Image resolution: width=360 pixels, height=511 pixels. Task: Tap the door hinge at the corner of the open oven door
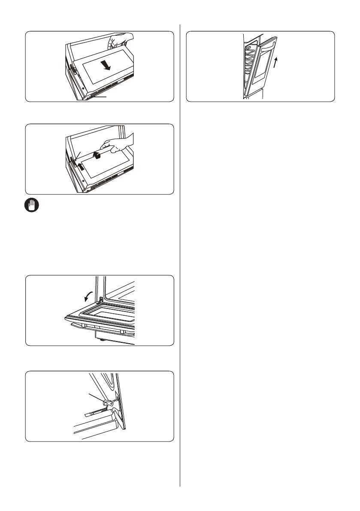[101, 299]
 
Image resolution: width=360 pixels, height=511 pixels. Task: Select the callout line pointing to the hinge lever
[96, 398]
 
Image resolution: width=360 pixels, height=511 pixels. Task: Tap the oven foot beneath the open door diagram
[102, 342]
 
